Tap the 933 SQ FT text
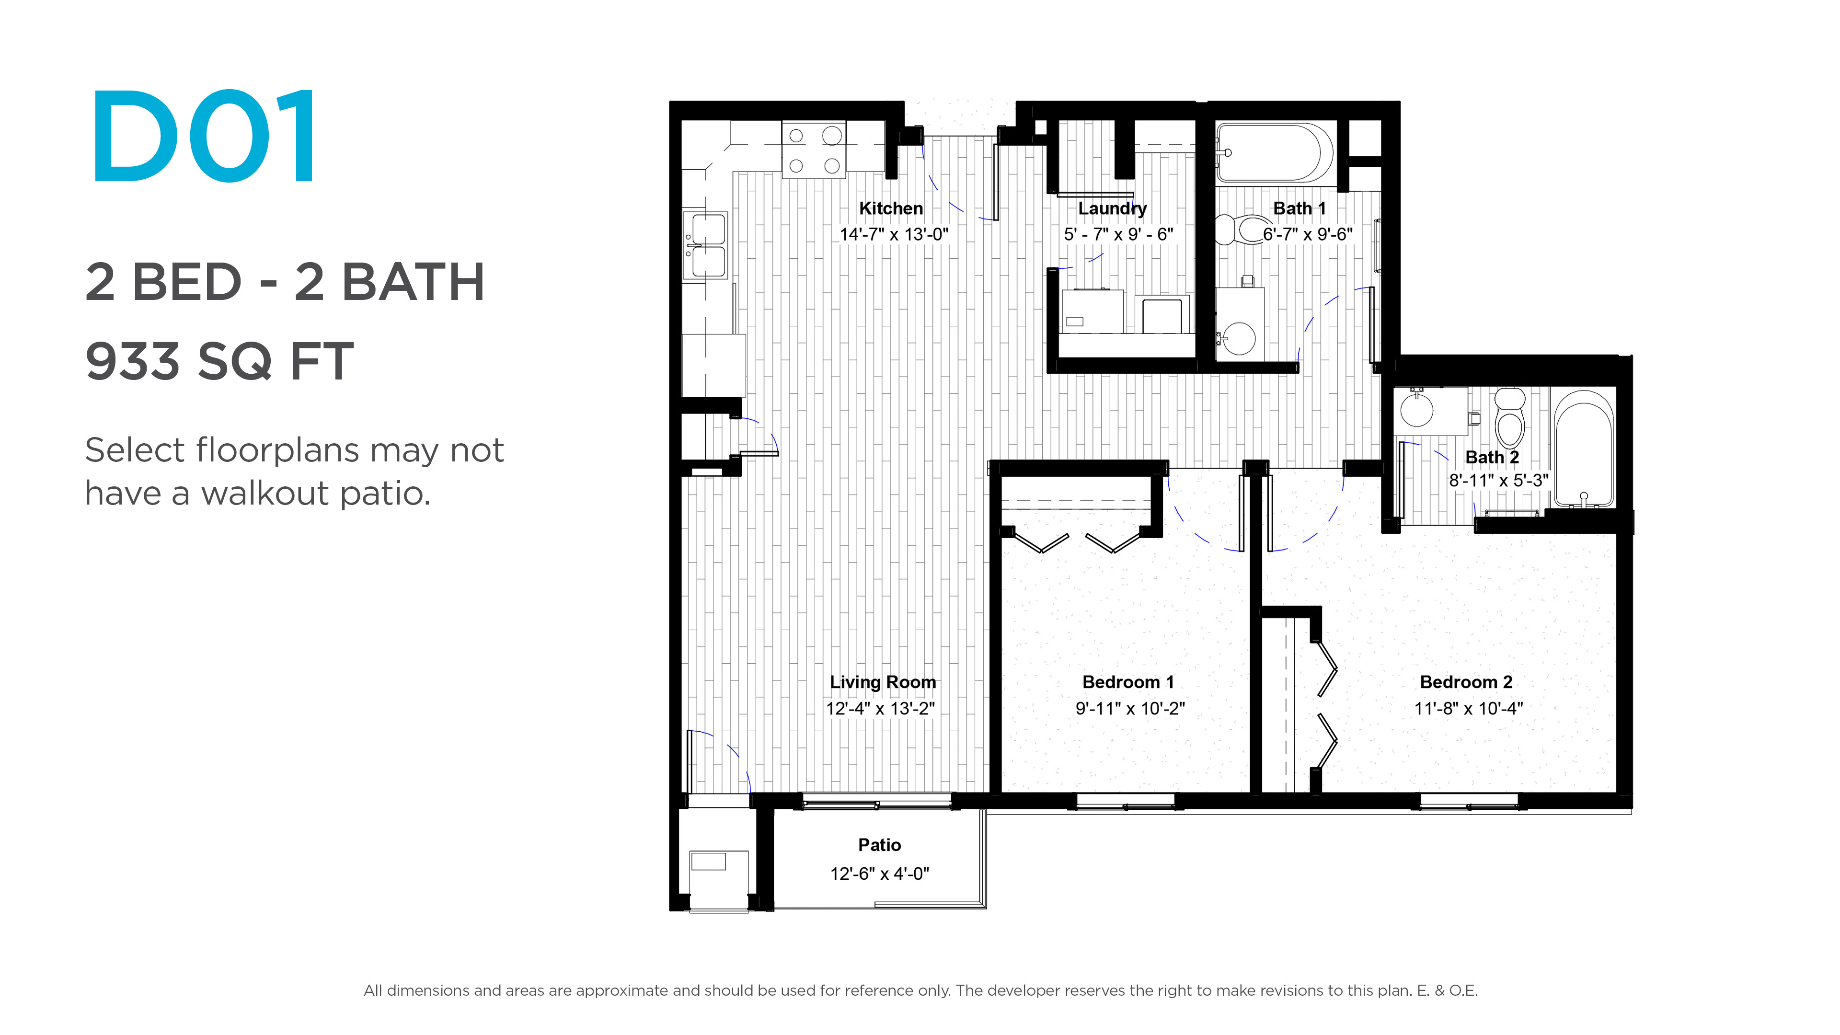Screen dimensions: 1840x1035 click(219, 361)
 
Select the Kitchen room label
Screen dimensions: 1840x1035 click(891, 208)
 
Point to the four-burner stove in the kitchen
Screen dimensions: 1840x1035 click(814, 149)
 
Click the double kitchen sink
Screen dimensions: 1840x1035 click(706, 245)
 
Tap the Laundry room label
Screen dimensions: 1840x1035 click(1112, 208)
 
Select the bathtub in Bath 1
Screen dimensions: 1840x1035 click(1274, 152)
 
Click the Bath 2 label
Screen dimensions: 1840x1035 click(1492, 457)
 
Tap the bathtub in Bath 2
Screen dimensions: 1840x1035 click(1584, 448)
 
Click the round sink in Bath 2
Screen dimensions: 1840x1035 click(1416, 409)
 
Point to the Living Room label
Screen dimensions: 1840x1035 click(883, 682)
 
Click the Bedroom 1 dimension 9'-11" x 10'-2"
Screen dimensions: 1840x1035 click(1130, 709)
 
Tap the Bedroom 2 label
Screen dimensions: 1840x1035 click(1466, 682)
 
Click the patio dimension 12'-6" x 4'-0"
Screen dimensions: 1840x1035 click(879, 874)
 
